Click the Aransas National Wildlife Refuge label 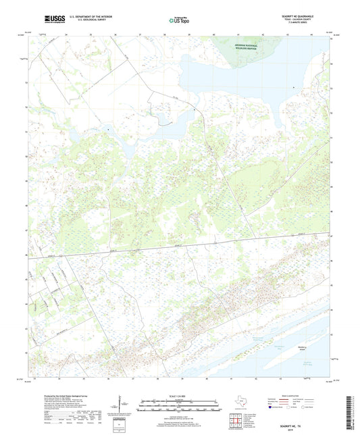pyautogui.click(x=244, y=45)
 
